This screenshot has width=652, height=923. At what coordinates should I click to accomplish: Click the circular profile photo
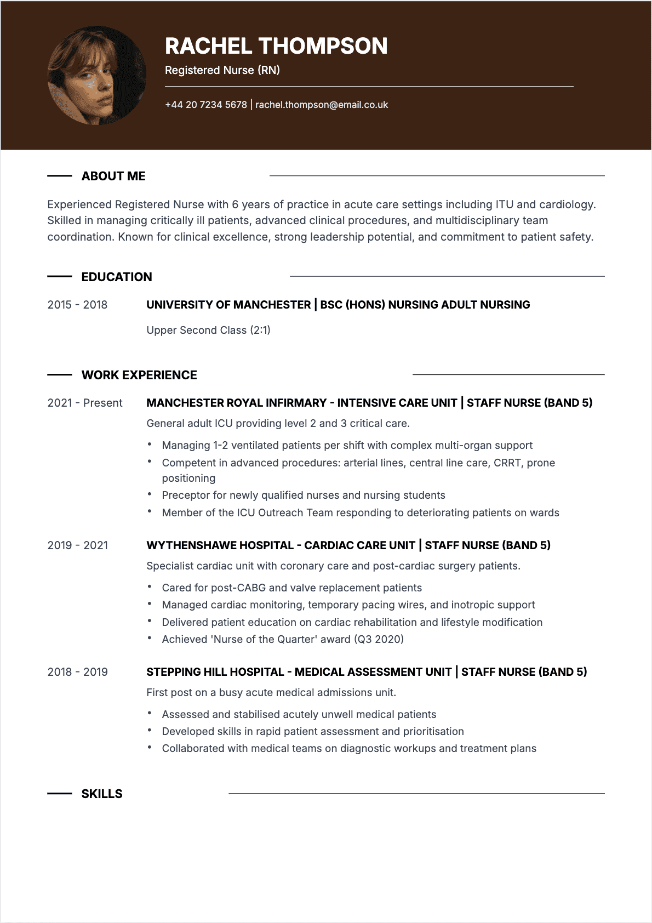[x=97, y=76]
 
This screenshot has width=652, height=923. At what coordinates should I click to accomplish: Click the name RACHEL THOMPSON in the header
[x=276, y=46]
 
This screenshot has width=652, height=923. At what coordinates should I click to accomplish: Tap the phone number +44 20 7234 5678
[x=206, y=105]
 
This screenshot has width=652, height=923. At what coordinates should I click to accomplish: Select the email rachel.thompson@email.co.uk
[x=322, y=105]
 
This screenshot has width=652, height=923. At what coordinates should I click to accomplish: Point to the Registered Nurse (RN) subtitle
[x=222, y=70]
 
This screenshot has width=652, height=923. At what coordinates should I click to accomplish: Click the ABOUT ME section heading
[x=113, y=176]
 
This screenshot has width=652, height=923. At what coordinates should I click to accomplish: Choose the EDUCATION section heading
[x=117, y=277]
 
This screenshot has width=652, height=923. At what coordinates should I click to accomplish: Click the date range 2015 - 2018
[x=77, y=305]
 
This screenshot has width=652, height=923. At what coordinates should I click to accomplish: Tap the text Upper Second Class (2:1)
[x=208, y=330]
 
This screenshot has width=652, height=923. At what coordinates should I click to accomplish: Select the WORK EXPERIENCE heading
[x=139, y=375]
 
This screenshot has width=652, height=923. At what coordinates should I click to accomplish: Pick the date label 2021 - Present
[x=85, y=403]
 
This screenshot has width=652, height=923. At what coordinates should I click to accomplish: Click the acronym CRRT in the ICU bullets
[x=507, y=463]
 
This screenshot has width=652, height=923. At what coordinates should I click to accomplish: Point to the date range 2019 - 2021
[x=78, y=545]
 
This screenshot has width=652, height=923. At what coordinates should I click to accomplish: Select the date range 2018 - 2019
[x=78, y=672]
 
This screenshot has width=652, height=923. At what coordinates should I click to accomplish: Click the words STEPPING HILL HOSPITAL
[x=215, y=672]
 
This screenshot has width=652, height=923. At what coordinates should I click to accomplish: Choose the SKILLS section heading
[x=102, y=794]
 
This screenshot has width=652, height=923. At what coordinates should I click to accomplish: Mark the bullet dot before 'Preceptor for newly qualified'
[x=150, y=494]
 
